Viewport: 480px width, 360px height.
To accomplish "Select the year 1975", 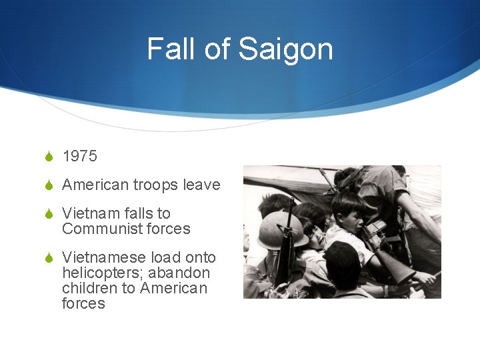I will pyautogui.click(x=79, y=156).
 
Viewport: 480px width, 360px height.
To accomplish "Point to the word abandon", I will pyautogui.click(x=179, y=273).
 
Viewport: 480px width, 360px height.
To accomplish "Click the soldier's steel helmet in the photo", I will pyautogui.click(x=273, y=231).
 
